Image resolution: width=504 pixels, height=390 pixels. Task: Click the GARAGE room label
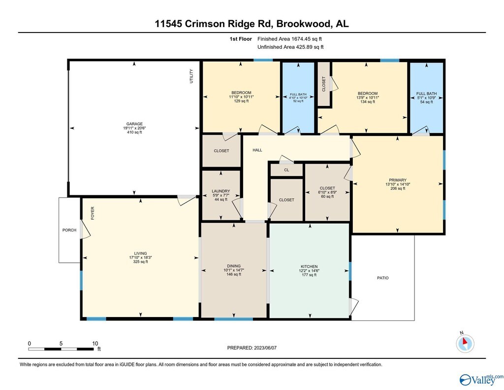[x=134, y=124]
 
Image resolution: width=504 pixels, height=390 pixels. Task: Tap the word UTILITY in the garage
[x=191, y=76]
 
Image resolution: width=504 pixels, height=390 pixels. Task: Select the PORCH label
[x=69, y=230]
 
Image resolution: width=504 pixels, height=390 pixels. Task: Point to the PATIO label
[x=383, y=278]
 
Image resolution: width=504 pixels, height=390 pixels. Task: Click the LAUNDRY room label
[x=221, y=191]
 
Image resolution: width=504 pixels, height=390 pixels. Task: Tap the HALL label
[x=257, y=150]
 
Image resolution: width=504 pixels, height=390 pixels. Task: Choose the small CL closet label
[x=287, y=170]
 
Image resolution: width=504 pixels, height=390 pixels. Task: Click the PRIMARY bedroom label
[x=398, y=180]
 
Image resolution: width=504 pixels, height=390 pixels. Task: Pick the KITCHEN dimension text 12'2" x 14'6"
[x=309, y=271]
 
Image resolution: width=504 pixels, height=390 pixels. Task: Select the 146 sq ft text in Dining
[x=234, y=275]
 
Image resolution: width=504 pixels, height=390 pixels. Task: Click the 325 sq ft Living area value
[x=140, y=262]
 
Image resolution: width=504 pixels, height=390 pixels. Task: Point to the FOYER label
[x=93, y=213]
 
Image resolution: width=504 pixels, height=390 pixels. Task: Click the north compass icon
[x=465, y=343]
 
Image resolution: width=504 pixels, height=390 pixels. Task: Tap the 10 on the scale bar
[x=95, y=343]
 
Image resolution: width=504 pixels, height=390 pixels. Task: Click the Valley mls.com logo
[x=481, y=379]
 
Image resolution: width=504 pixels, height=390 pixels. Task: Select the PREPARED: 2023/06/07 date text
[x=252, y=348]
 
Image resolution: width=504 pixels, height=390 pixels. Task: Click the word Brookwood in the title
[x=303, y=24]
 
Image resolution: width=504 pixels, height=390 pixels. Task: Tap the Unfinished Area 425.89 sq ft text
[x=290, y=47]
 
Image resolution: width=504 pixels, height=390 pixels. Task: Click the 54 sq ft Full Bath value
[x=427, y=102]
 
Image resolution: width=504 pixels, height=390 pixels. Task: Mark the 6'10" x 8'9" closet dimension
[x=327, y=192]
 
